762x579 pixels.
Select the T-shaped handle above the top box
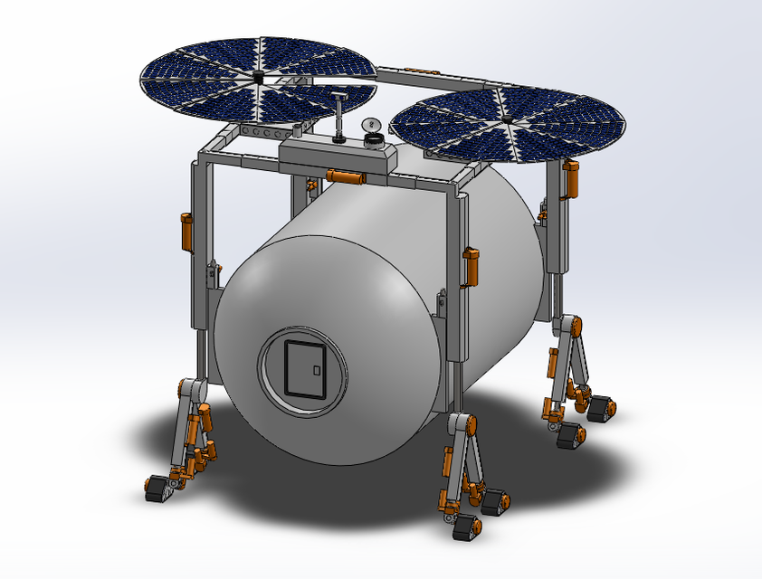(x=338, y=97)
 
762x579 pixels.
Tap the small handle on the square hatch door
(x=316, y=369)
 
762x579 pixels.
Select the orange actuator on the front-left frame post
(x=187, y=233)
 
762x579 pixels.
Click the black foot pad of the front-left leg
(x=159, y=489)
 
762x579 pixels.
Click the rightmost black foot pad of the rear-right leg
(x=601, y=408)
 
